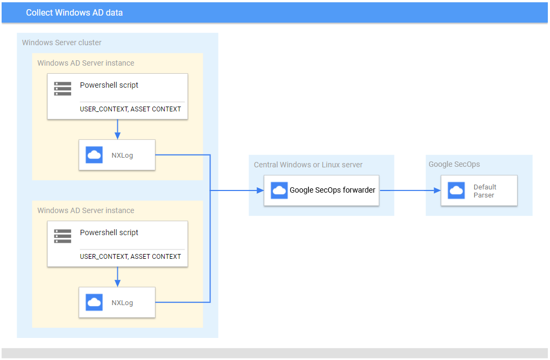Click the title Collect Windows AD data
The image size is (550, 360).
(74, 12)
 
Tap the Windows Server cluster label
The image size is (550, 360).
(61, 43)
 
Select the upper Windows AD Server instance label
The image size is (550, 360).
(86, 63)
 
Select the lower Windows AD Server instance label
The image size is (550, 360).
(86, 210)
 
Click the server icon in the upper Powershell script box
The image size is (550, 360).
(63, 89)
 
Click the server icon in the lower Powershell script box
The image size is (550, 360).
(63, 236)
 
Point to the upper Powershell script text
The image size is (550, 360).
(109, 85)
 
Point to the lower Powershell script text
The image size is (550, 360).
(109, 232)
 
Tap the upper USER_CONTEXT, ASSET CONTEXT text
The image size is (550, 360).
(130, 109)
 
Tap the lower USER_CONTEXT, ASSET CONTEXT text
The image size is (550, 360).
(130, 257)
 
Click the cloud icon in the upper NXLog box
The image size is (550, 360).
(94, 155)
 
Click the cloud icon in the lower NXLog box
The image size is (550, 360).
(94, 302)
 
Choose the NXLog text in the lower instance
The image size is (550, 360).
(122, 303)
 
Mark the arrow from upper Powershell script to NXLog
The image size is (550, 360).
(117, 129)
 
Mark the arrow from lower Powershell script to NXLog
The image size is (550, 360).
(117, 277)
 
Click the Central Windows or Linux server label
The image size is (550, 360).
(308, 165)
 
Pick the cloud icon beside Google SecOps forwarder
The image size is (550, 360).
(279, 190)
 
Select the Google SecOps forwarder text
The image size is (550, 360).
(333, 190)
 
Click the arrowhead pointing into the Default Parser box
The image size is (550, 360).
(437, 190)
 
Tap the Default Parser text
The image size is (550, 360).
(484, 191)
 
